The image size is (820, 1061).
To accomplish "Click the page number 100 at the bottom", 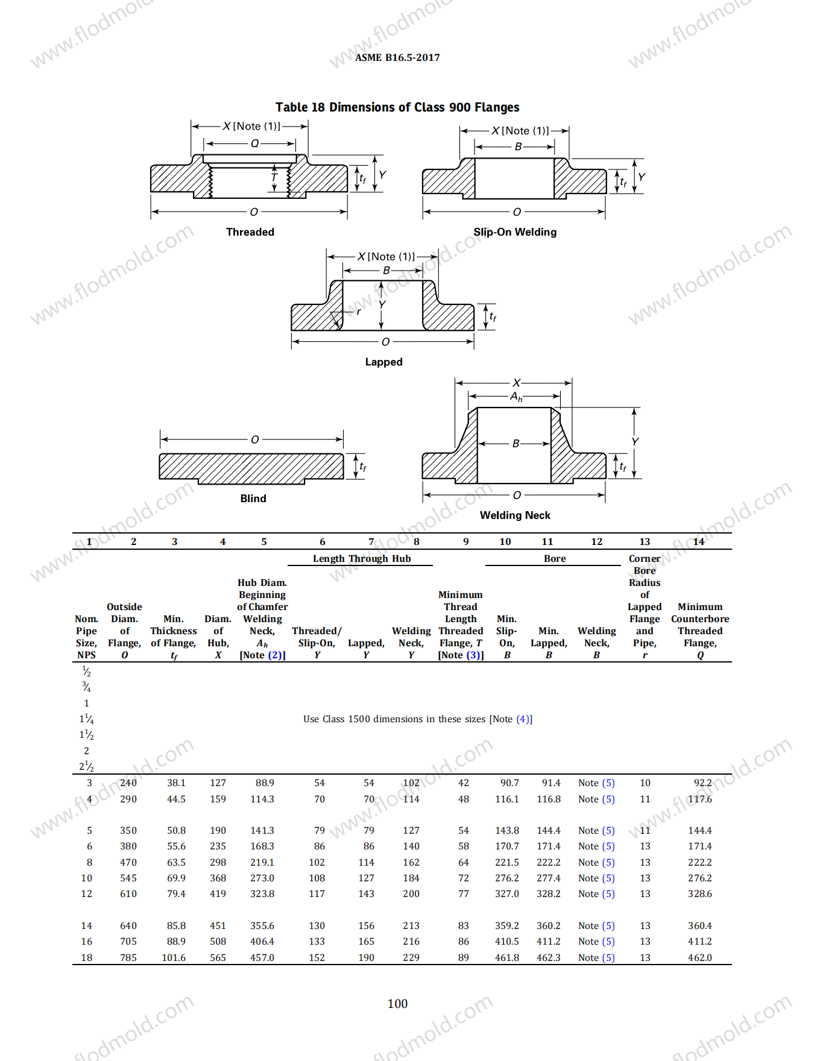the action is (x=397, y=1004).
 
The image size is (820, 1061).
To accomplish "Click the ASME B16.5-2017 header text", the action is (x=397, y=57).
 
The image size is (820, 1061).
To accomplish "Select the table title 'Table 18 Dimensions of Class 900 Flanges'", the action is (x=397, y=107).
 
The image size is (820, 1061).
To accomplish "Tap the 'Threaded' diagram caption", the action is (x=250, y=232).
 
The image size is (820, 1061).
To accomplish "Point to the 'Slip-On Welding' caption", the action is (x=515, y=232).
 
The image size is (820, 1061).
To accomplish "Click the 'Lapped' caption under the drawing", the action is (x=383, y=362).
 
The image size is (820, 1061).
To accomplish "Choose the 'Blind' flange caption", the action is (x=253, y=499).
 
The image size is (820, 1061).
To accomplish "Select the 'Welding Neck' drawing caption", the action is (x=515, y=515).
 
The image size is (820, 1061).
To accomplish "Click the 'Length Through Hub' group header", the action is (x=362, y=558).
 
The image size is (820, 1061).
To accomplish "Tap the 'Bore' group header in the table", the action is (x=555, y=559).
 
